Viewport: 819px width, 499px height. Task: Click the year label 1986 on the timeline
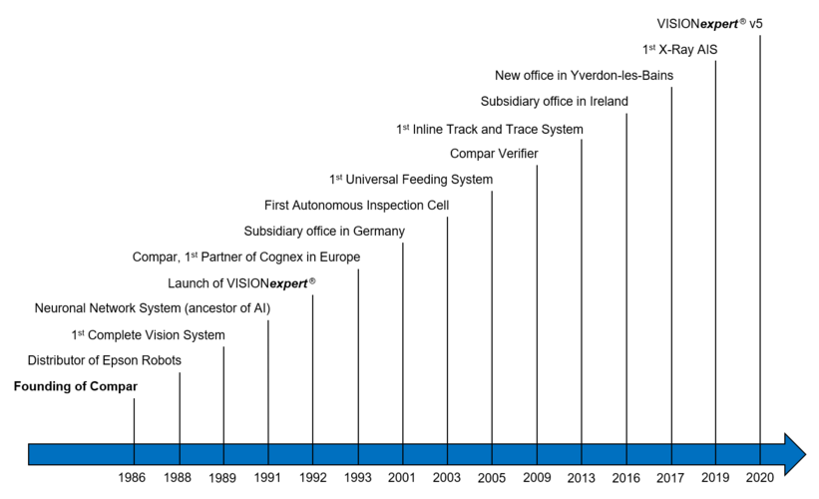pyautogui.click(x=132, y=478)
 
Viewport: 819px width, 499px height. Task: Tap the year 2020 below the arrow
pyautogui.click(x=760, y=478)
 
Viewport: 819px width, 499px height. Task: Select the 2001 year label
pyautogui.click(x=403, y=478)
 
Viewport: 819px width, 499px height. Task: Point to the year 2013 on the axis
pyautogui.click(x=582, y=478)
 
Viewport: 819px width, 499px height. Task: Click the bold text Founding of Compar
pyautogui.click(x=76, y=386)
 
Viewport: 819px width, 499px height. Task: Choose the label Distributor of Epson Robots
pyautogui.click(x=105, y=360)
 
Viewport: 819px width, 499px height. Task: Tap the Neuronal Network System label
pyautogui.click(x=153, y=308)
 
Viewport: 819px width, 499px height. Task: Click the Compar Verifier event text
pyautogui.click(x=494, y=154)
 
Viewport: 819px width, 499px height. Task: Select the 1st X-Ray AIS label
pyautogui.click(x=678, y=49)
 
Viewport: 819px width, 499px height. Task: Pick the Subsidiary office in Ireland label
pyautogui.click(x=554, y=101)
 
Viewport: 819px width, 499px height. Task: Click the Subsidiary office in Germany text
pyautogui.click(x=324, y=231)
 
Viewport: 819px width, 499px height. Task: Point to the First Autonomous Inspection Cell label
pyautogui.click(x=357, y=206)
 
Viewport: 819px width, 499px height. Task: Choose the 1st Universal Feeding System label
pyautogui.click(x=411, y=180)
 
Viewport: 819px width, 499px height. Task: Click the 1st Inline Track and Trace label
pyautogui.click(x=489, y=129)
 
